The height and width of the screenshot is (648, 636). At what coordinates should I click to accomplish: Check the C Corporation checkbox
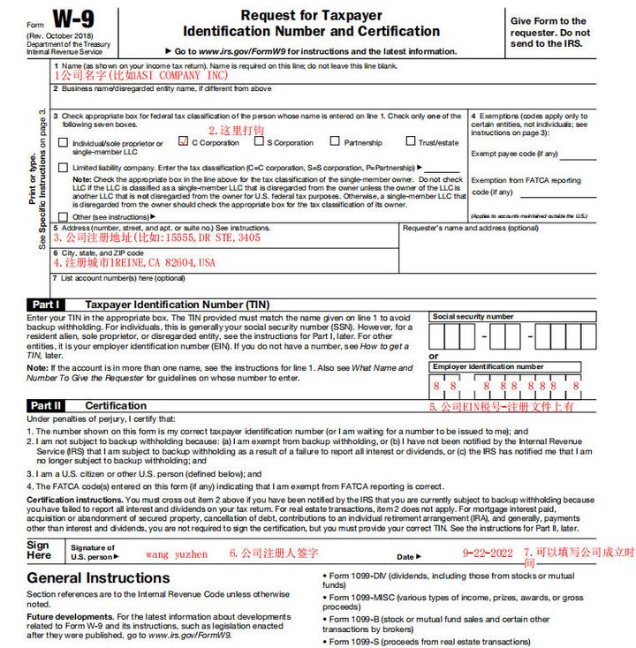click(183, 141)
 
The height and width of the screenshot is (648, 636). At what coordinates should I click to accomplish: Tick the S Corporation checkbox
click(259, 141)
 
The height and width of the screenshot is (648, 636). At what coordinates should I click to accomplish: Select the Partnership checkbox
click(335, 141)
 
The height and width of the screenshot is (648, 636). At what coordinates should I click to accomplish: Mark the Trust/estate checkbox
click(411, 141)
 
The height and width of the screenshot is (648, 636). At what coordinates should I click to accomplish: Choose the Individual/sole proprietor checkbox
click(63, 142)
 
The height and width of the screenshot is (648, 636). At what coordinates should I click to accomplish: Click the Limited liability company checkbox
click(63, 166)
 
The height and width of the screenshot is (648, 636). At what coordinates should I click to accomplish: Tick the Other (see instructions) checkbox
click(63, 215)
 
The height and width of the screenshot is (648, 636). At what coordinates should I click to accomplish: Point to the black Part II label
click(45, 405)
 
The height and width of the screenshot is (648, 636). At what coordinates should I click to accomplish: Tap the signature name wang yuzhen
click(178, 554)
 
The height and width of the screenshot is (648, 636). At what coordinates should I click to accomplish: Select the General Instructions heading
click(98, 579)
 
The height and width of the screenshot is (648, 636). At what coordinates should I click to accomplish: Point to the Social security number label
click(473, 316)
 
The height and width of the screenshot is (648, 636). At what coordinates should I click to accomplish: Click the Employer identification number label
click(488, 366)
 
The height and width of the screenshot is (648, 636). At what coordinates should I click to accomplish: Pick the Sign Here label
click(39, 551)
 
